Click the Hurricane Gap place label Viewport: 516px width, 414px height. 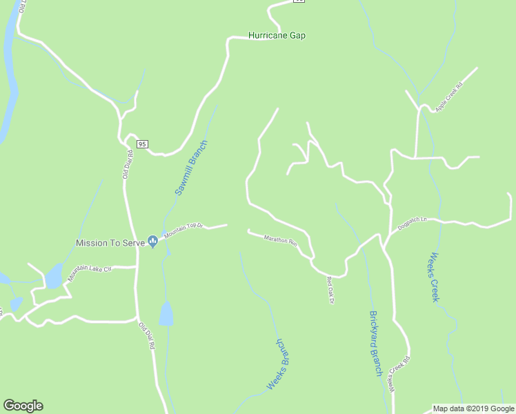[x=277, y=35]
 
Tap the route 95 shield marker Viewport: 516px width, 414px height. [x=142, y=144]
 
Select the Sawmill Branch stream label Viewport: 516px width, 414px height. [x=191, y=168]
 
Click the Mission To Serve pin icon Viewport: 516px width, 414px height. [x=153, y=241]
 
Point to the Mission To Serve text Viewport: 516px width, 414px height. [x=110, y=244]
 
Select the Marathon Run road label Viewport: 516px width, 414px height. [x=280, y=241]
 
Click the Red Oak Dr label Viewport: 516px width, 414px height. [x=330, y=290]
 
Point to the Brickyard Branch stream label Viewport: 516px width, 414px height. [x=375, y=342]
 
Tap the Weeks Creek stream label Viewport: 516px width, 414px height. [x=435, y=276]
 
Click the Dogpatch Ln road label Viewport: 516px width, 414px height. [x=413, y=223]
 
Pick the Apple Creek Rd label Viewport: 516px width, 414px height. [x=449, y=97]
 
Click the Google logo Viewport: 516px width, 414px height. [x=23, y=406]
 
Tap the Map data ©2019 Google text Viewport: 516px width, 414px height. [x=473, y=408]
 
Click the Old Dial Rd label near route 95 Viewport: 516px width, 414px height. [x=128, y=165]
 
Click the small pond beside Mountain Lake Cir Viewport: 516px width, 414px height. [x=53, y=277]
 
